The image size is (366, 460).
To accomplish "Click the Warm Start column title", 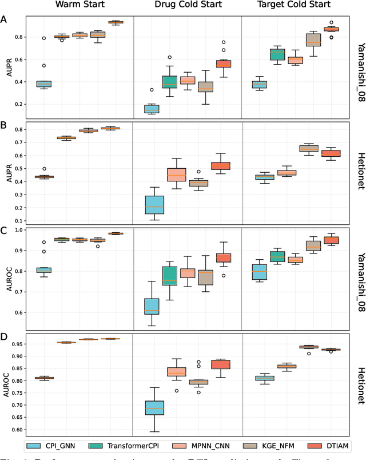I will point(79,6).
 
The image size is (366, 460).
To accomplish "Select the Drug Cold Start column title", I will point(187,6).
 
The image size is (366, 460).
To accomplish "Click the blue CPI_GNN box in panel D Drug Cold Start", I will point(154,392).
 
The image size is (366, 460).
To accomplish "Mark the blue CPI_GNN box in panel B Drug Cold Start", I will point(154,204).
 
